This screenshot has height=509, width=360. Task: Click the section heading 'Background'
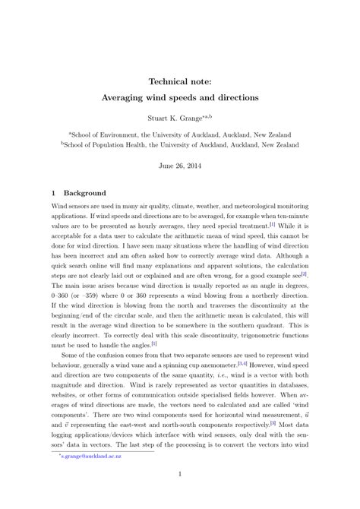(x=85, y=194)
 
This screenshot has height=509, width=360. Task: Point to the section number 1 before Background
(x=54, y=194)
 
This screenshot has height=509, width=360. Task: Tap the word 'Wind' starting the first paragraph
(x=59, y=206)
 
